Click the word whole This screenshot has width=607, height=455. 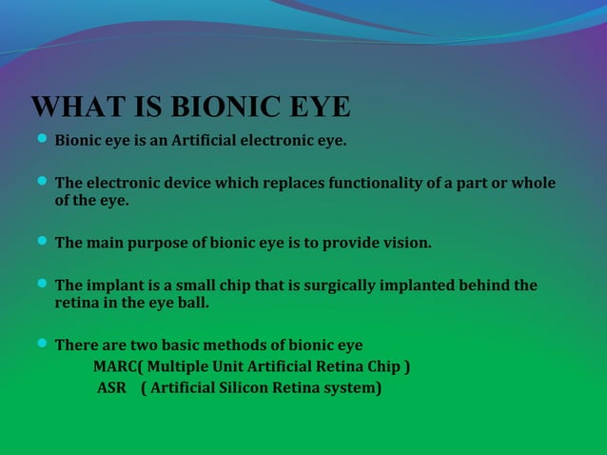click(x=533, y=183)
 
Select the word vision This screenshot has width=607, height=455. click(x=406, y=243)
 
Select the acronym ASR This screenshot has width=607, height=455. click(x=111, y=387)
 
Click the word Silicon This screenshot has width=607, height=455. click(x=242, y=387)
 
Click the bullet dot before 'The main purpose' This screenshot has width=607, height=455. click(x=42, y=242)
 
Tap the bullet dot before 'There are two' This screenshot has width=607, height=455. click(x=42, y=344)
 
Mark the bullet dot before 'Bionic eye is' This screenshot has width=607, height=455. click(x=42, y=140)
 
